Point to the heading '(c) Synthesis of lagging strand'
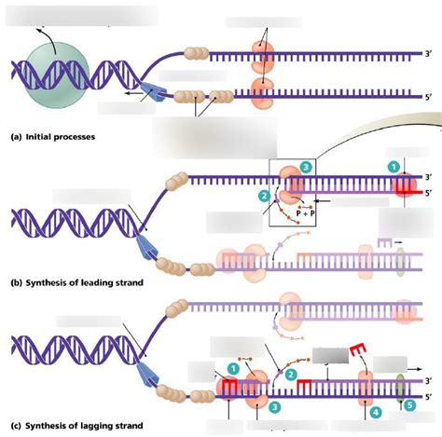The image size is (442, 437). [76, 427]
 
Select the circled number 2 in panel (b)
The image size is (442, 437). [265, 195]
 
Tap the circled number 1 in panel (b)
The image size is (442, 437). [394, 165]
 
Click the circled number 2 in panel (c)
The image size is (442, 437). [292, 374]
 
